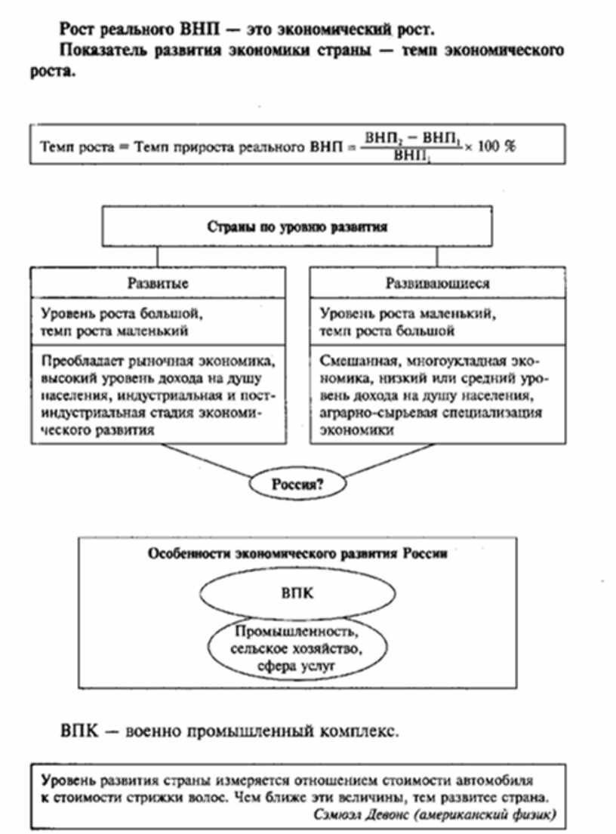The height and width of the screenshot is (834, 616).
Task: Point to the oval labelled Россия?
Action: pyautogui.click(x=297, y=485)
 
